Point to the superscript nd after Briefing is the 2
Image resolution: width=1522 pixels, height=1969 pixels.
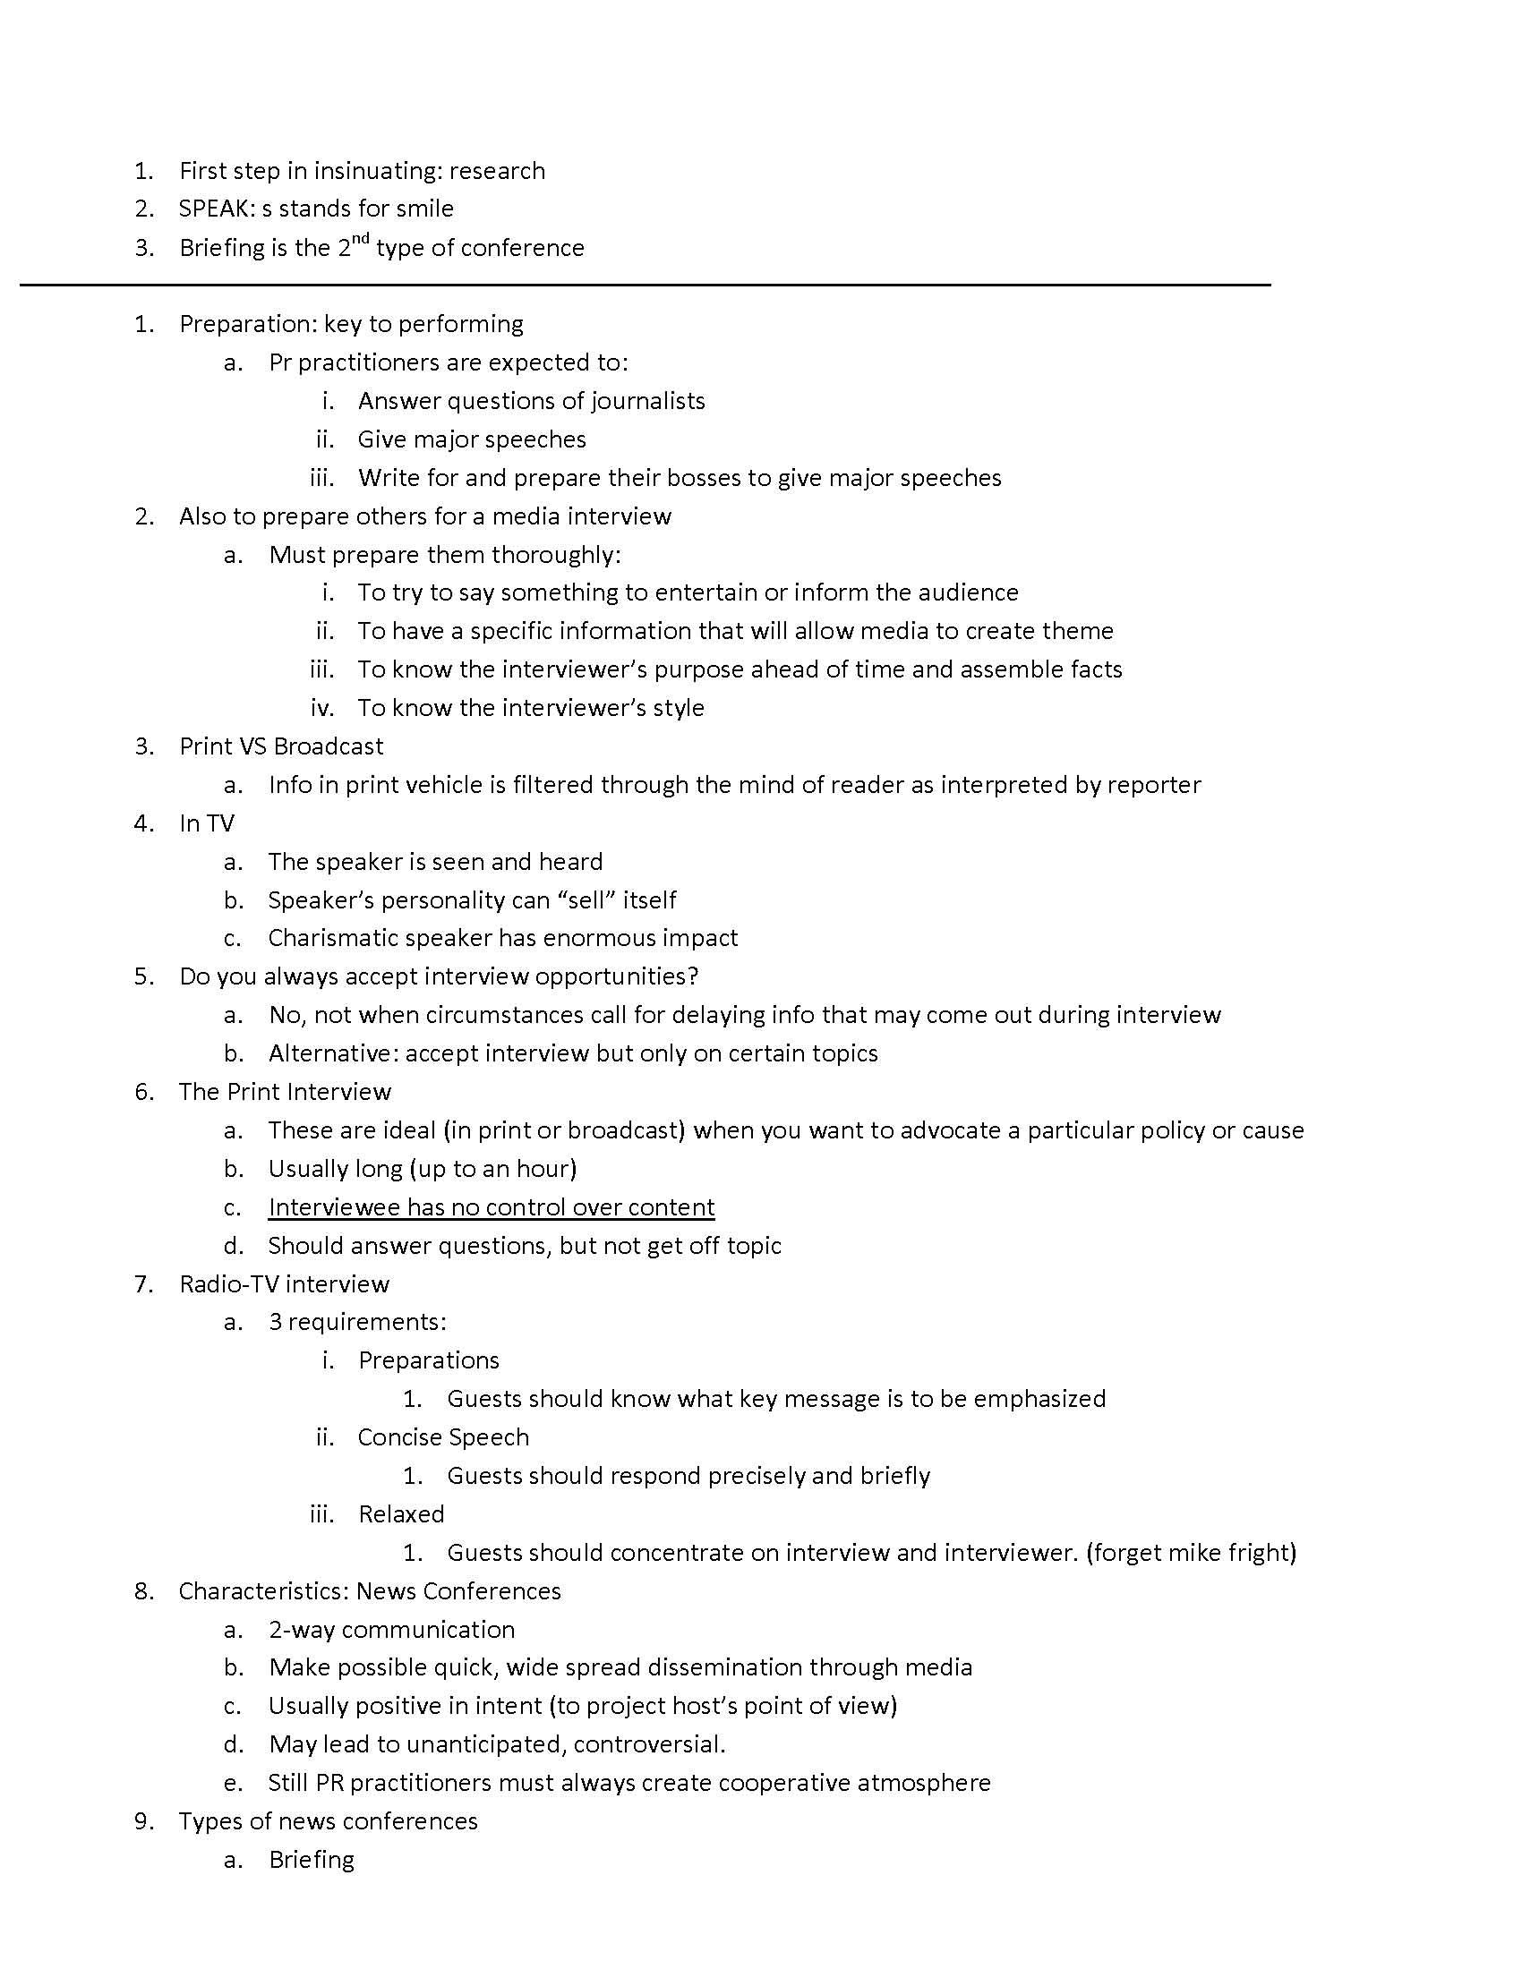click(x=361, y=239)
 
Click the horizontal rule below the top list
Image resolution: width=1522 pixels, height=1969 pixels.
click(x=645, y=285)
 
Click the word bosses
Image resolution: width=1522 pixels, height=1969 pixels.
click(x=690, y=477)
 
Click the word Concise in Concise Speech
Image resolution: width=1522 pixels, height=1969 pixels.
click(x=396, y=1437)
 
